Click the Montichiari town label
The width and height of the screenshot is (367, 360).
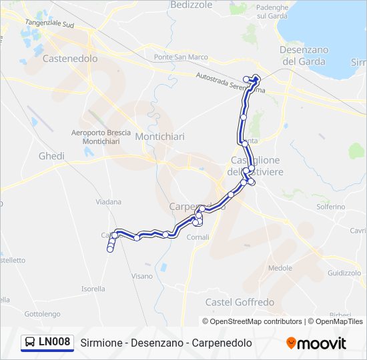pos(159,137)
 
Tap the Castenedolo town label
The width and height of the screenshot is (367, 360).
pos(69,59)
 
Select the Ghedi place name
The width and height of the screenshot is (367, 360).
pos(51,156)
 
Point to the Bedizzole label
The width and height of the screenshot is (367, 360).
pos(191,5)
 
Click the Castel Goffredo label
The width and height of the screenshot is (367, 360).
pos(240,302)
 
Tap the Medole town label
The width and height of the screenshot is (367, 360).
pos(280,268)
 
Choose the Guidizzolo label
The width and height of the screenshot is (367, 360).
pos(344,273)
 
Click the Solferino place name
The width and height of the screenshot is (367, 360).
pos(331,207)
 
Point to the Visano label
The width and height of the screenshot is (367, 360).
pos(142,275)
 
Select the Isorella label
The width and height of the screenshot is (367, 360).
pos(93,289)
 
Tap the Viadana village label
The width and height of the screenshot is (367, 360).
pos(109,201)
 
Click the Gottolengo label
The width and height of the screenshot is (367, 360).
pos(42,313)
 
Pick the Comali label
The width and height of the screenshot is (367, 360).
pos(198,237)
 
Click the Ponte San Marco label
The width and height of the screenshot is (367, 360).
pos(181,57)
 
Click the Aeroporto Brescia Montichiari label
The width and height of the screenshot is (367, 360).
pos(101,137)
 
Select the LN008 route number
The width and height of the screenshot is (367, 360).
pos(54,343)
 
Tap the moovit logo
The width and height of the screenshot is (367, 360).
pos(316,343)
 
